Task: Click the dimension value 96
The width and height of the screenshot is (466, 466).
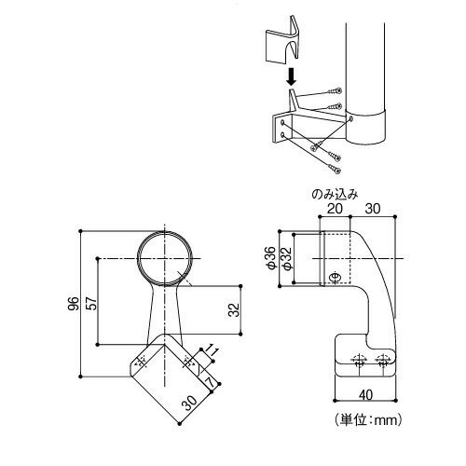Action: [x=74, y=304]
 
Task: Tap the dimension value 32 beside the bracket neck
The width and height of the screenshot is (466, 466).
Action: [x=234, y=309]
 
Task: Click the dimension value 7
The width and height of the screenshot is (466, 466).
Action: [x=211, y=382]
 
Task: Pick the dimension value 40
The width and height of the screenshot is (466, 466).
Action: [x=366, y=395]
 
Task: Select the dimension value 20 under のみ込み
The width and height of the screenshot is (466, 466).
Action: [x=335, y=209]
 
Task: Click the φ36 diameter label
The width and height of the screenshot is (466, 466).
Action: [x=271, y=258]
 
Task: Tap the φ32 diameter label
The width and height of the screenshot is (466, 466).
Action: [x=286, y=258]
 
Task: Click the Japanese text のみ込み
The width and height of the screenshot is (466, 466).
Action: [x=335, y=195]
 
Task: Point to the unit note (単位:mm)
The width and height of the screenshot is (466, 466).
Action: [x=368, y=420]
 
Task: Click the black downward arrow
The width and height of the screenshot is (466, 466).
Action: [x=291, y=77]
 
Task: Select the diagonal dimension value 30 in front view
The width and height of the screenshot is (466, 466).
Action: [x=189, y=403]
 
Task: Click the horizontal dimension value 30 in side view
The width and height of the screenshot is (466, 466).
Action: [x=373, y=209]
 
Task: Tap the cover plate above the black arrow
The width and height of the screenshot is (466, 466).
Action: [x=282, y=40]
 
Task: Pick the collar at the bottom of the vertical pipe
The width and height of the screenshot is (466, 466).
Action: [x=366, y=127]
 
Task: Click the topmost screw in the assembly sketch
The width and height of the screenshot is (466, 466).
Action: [x=335, y=91]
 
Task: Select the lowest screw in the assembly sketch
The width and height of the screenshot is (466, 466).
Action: [x=335, y=169]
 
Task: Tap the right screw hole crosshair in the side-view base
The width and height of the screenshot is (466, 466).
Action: [x=382, y=361]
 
